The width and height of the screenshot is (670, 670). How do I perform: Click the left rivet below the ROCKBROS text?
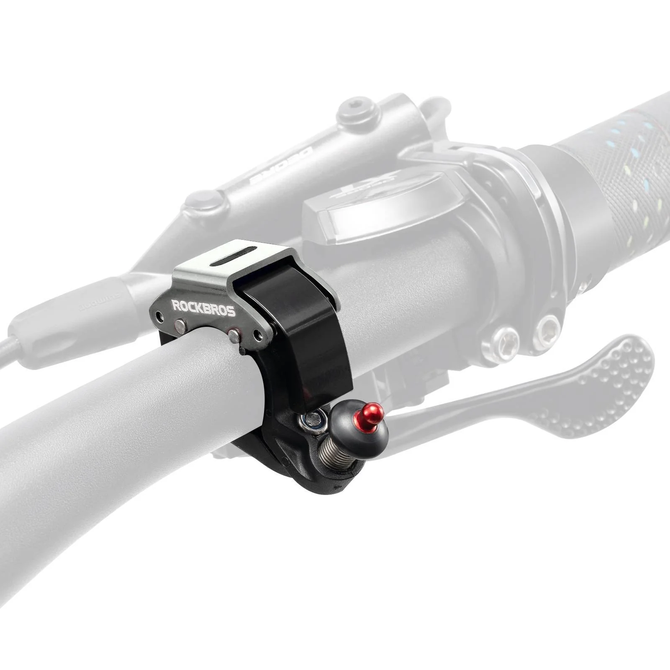pyautogui.click(x=181, y=323)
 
